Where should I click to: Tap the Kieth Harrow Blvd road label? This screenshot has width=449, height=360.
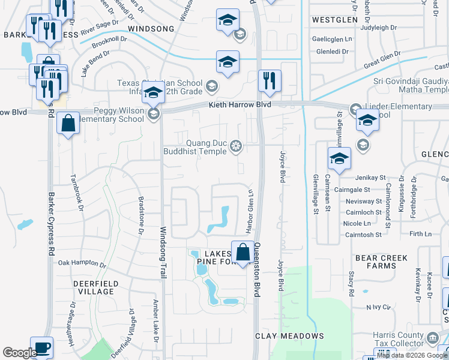point(240,105)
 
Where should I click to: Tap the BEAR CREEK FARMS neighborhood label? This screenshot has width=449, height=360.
point(381,262)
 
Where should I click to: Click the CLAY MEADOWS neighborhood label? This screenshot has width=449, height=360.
point(290,336)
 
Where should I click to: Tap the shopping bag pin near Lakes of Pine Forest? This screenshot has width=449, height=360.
point(243,253)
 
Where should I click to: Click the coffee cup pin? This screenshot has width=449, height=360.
point(41,348)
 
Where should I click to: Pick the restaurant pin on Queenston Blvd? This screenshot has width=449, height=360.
point(270,80)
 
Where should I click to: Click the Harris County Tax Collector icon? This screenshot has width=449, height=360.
point(432,340)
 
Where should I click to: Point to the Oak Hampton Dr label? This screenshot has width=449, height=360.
point(82,263)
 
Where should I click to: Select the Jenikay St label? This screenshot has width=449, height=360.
point(369,178)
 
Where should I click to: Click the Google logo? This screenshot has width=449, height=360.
point(20,353)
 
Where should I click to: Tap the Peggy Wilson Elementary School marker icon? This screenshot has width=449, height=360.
point(154,114)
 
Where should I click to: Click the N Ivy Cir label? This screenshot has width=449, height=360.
point(378,307)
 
